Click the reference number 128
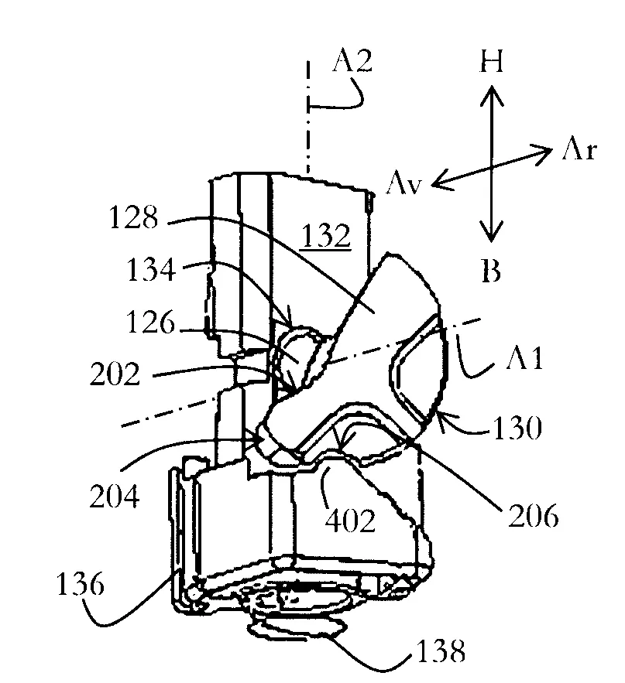pyautogui.click(x=133, y=217)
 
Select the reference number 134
pyautogui.click(x=151, y=269)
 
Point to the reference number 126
pyautogui.click(x=150, y=323)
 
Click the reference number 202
pyautogui.click(x=115, y=374)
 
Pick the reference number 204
pyautogui.click(x=115, y=496)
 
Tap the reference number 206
pyautogui.click(x=534, y=516)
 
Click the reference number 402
pyautogui.click(x=350, y=521)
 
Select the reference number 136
pyautogui.click(x=81, y=584)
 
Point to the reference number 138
pyautogui.click(x=441, y=651)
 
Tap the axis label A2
pyautogui.click(x=352, y=60)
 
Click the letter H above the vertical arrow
pyautogui.click(x=492, y=61)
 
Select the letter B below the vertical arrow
pyautogui.click(x=492, y=271)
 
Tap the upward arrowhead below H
pyautogui.click(x=492, y=95)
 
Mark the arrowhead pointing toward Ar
pyautogui.click(x=541, y=153)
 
